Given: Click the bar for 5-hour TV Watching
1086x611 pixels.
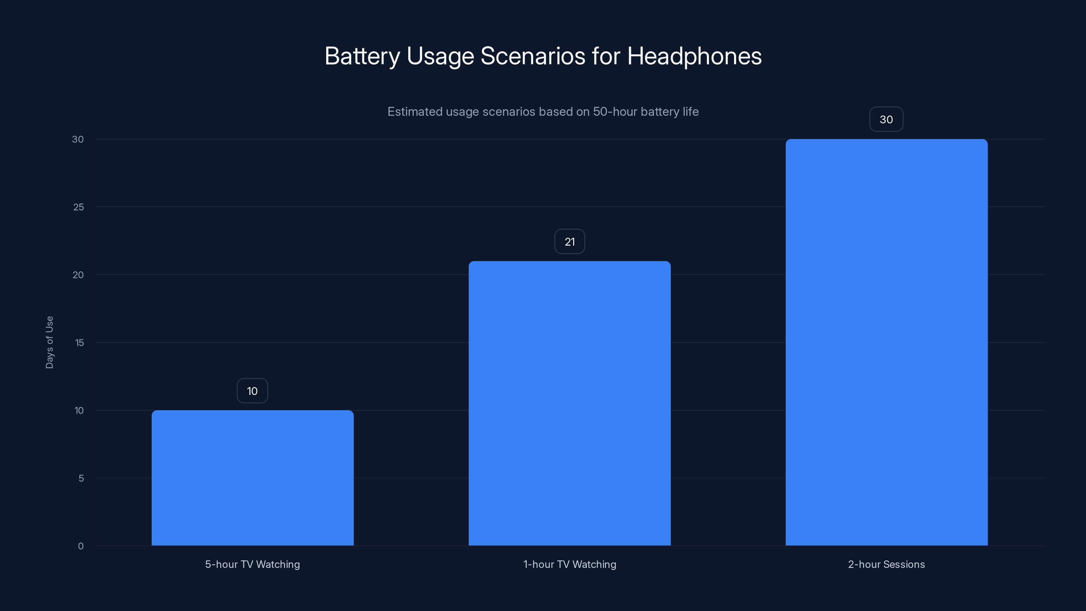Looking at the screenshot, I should [x=252, y=478].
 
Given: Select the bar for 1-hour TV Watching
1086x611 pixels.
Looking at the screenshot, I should [x=569, y=403].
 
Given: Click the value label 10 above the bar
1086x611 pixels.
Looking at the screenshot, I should [x=252, y=391].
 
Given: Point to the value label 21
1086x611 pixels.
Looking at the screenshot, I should [x=569, y=242].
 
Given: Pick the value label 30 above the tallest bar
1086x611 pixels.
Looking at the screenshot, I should [x=886, y=119].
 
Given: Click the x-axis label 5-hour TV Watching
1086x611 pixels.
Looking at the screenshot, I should [x=252, y=564].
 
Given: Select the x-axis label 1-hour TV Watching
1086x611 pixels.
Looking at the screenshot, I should [x=569, y=564].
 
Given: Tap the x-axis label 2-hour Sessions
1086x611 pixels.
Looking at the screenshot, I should [x=886, y=564].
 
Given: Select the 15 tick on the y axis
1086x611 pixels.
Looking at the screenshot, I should [x=79, y=343].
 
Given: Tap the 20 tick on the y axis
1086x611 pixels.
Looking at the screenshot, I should [x=78, y=275].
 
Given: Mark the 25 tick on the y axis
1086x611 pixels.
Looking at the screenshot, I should [x=78, y=207].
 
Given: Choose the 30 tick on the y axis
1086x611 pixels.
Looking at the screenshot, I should [x=78, y=139].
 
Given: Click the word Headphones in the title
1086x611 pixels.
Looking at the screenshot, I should [x=694, y=56].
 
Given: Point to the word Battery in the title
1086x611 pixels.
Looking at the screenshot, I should [x=362, y=56].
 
